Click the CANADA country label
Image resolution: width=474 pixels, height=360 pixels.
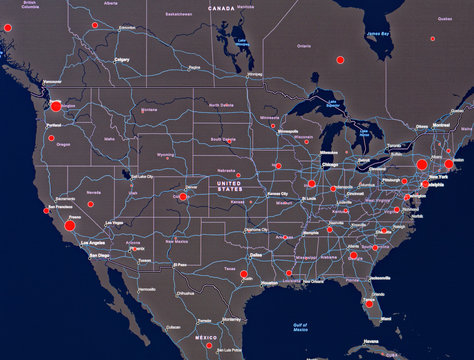tap(221, 7)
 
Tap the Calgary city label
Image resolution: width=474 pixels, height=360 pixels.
tap(123, 59)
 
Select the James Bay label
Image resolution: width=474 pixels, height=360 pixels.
tap(377, 33)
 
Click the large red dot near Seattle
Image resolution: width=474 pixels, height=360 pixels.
tap(56, 105)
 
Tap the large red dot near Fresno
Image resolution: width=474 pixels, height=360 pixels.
tap(69, 226)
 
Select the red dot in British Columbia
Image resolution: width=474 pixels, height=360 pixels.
tap(95, 24)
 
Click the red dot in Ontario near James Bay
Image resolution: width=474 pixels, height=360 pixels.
tap(337, 58)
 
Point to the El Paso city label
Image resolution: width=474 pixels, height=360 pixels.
tap(180, 265)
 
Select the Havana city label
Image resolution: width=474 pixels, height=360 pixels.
tap(373, 349)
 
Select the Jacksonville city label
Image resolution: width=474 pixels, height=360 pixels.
tap(379, 277)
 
